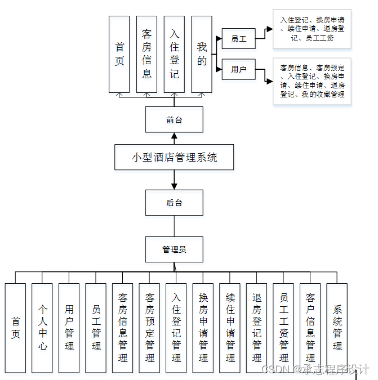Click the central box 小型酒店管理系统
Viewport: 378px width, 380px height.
click(x=174, y=157)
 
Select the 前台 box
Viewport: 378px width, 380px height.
click(x=174, y=119)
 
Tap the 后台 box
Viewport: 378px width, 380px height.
click(x=174, y=203)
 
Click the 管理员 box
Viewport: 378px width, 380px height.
click(x=174, y=249)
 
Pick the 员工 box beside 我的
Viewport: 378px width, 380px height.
click(x=239, y=39)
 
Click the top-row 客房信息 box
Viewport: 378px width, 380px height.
click(x=146, y=54)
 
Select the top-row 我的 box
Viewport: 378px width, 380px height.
click(x=202, y=54)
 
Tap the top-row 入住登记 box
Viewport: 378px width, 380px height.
click(x=174, y=54)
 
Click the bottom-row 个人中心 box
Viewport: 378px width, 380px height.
click(x=42, y=328)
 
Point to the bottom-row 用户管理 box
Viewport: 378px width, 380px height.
click(x=69, y=328)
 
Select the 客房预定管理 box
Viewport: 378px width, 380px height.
click(x=149, y=328)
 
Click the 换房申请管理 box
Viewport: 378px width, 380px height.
click(x=203, y=328)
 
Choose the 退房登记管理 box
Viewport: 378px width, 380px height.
click(x=256, y=328)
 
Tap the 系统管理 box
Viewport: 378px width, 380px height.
click(x=337, y=328)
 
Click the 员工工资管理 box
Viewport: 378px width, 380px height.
click(x=283, y=328)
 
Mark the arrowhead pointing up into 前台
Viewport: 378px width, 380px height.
click(x=174, y=136)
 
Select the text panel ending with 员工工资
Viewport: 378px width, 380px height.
click(x=312, y=29)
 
